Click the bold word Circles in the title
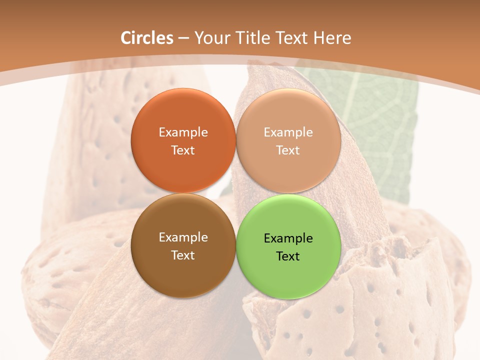coord(147,38)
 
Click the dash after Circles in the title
coord(183,38)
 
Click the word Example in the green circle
coord(288,238)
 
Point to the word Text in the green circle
coord(288,256)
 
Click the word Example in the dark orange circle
coord(183,132)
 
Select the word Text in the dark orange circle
coord(183,150)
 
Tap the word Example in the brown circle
coord(183,237)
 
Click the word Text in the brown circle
coord(183,255)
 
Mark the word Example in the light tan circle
coord(288,132)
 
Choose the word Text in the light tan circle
coord(288,150)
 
